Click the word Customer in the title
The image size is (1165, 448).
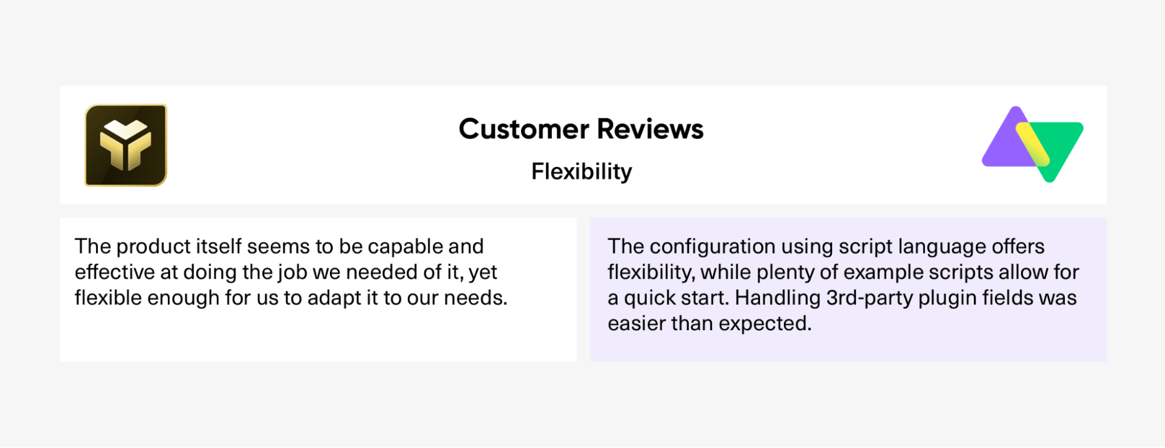click(524, 129)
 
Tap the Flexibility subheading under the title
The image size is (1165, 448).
click(582, 171)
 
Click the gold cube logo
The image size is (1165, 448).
click(126, 145)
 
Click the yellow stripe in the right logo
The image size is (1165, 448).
click(1032, 143)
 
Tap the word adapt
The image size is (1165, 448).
click(334, 298)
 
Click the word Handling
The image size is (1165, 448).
click(777, 298)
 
